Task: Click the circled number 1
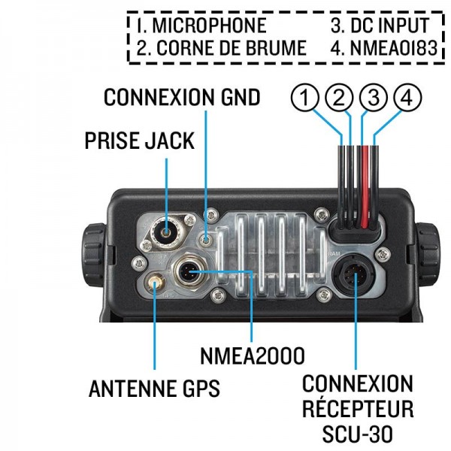tap(304, 98)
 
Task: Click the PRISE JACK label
tap(139, 142)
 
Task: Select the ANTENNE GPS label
tap(154, 389)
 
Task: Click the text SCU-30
tap(358, 434)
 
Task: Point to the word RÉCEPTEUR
tap(358, 410)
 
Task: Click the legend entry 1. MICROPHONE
tap(201, 26)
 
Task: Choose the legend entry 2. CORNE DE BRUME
tap(222, 49)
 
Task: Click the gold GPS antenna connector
tap(156, 283)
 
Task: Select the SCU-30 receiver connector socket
tap(356, 277)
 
